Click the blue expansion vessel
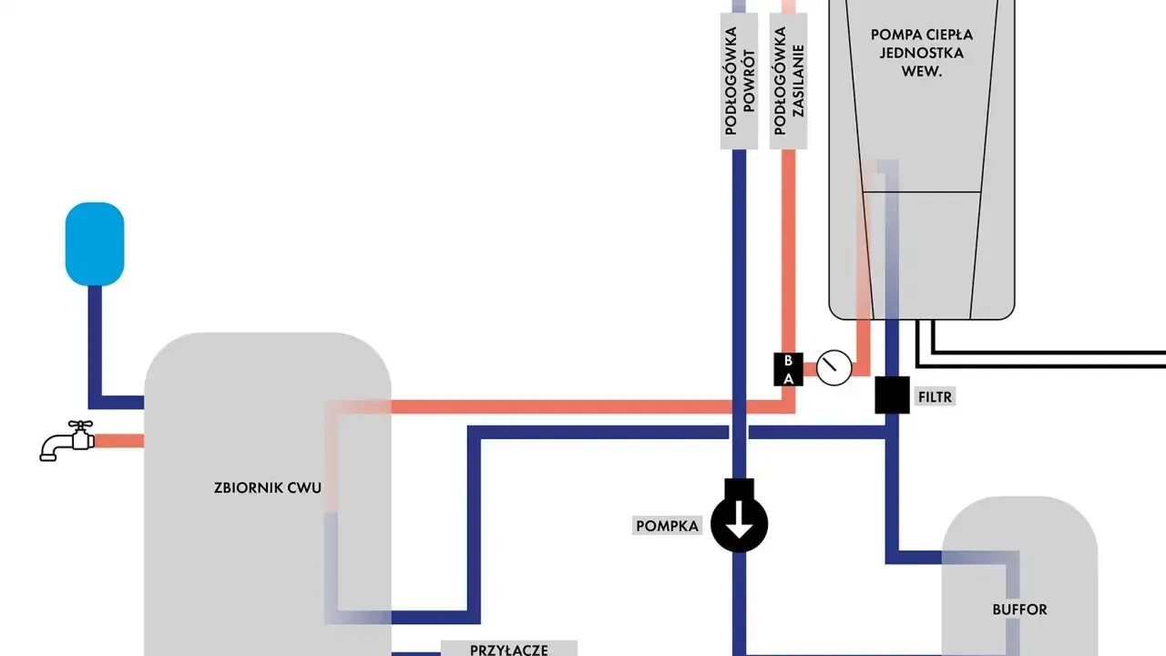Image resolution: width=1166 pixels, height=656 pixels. pyautogui.click(x=95, y=243)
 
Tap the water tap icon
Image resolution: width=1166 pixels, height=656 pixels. pyautogui.click(x=67, y=441)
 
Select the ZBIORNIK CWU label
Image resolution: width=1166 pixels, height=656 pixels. pyautogui.click(x=268, y=487)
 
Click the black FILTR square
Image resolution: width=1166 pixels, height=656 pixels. pyautogui.click(x=892, y=395)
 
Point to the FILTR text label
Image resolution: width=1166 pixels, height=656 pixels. pyautogui.click(x=935, y=397)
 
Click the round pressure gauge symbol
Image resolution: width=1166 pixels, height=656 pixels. pyautogui.click(x=834, y=368)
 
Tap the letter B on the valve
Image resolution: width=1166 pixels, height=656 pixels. pyautogui.click(x=788, y=360)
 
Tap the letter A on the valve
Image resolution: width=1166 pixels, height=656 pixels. pyautogui.click(x=789, y=378)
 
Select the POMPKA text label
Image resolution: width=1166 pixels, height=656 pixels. pyautogui.click(x=668, y=527)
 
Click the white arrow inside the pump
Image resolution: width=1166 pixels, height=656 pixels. pyautogui.click(x=739, y=527)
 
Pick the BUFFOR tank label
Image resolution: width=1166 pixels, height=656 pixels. pyautogui.click(x=1019, y=610)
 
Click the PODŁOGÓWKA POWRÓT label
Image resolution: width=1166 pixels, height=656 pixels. pyautogui.click(x=739, y=81)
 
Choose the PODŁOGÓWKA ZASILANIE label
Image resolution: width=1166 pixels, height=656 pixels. pyautogui.click(x=789, y=81)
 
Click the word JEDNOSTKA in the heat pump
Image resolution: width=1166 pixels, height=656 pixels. pyautogui.click(x=921, y=53)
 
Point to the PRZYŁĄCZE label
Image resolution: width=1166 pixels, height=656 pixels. pyautogui.click(x=508, y=650)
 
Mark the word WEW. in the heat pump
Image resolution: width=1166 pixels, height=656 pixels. pyautogui.click(x=921, y=71)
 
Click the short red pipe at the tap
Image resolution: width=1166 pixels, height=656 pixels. pyautogui.click(x=119, y=441)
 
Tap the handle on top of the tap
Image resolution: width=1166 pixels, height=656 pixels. pyautogui.click(x=80, y=425)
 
